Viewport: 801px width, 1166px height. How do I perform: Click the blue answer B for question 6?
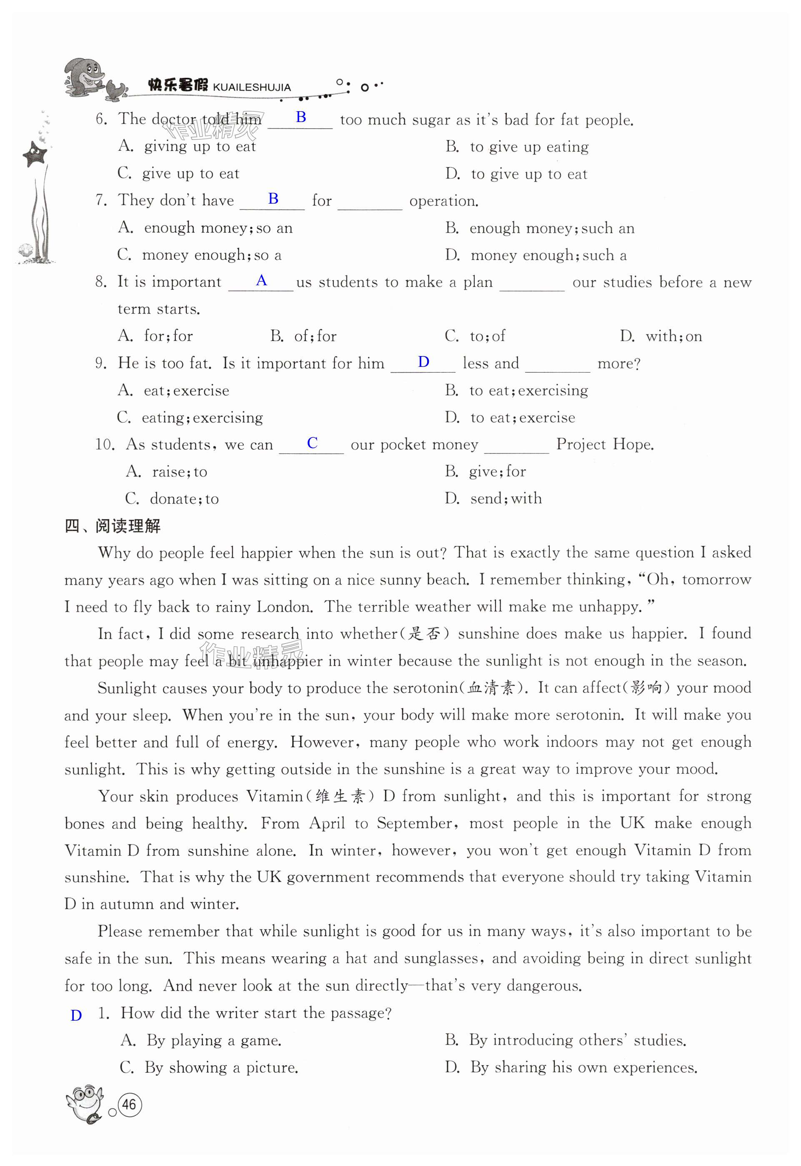[301, 117]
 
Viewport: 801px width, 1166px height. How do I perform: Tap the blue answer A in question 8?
[261, 280]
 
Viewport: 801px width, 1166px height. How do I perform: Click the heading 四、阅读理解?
[113, 526]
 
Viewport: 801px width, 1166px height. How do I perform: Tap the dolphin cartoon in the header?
[85, 78]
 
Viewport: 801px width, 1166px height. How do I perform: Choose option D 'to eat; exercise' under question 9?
[522, 417]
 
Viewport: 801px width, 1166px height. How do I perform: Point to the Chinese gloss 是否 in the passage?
[424, 634]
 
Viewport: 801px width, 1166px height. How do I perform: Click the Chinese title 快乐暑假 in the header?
[178, 85]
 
